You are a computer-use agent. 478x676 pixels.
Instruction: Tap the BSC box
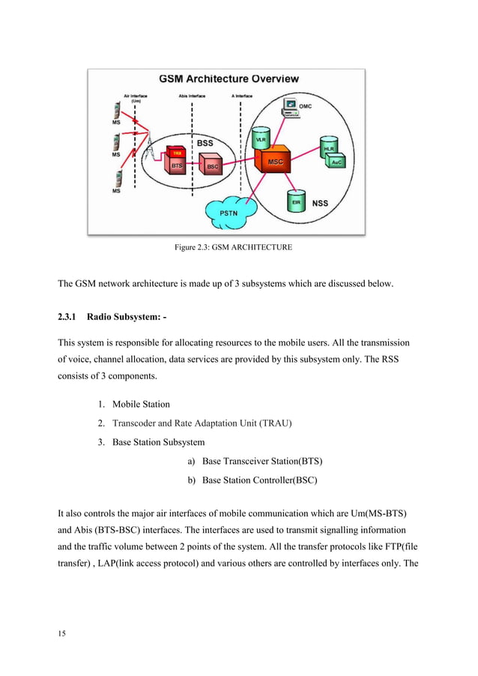(211, 166)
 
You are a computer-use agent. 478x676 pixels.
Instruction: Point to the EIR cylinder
(296, 200)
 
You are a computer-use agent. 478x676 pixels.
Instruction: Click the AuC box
(338, 162)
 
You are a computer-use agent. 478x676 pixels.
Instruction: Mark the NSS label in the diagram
(320, 203)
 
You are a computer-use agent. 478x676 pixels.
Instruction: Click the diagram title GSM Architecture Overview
(229, 79)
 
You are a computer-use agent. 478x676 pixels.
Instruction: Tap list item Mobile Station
(141, 404)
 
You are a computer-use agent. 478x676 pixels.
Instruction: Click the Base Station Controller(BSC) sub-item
(259, 480)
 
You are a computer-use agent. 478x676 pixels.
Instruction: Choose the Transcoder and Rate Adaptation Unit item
(202, 423)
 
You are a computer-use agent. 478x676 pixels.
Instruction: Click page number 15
(62, 633)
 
